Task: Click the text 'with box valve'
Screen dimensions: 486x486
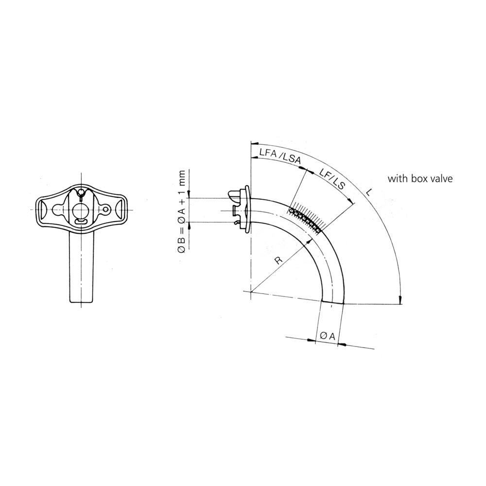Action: pos(420,178)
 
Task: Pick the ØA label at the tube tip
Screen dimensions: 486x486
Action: pos(327,336)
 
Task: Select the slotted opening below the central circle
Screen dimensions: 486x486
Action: pos(81,221)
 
